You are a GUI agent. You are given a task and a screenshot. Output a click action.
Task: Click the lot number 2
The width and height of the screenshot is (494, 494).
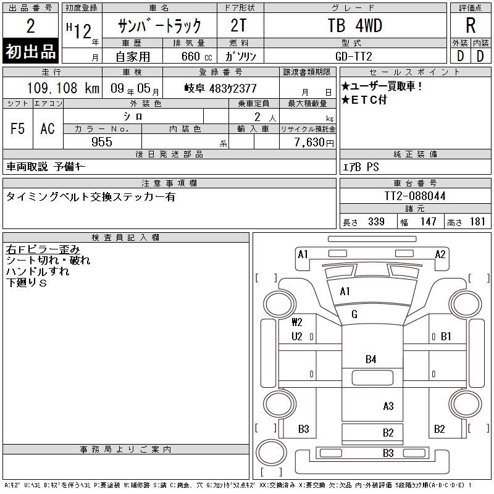coord(30,26)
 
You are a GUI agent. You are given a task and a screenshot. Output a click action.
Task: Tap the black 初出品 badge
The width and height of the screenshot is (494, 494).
coord(30,51)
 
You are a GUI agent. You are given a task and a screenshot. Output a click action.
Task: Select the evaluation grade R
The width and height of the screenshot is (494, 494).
coord(471,25)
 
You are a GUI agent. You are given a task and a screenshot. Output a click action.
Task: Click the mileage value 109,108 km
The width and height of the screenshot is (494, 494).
coord(63,88)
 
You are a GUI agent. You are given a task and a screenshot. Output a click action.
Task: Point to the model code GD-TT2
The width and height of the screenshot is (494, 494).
coord(353,56)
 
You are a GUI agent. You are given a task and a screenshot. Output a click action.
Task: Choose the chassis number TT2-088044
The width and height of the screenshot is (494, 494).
coord(414,196)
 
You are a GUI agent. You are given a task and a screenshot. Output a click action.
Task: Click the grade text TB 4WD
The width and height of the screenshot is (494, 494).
coord(354,25)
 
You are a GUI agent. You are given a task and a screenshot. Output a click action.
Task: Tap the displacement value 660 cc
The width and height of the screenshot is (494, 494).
coord(196,56)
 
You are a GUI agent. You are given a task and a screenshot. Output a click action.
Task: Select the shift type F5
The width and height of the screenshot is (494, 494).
coord(18,128)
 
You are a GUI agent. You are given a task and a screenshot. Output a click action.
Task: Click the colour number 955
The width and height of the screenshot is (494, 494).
coord(102,142)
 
